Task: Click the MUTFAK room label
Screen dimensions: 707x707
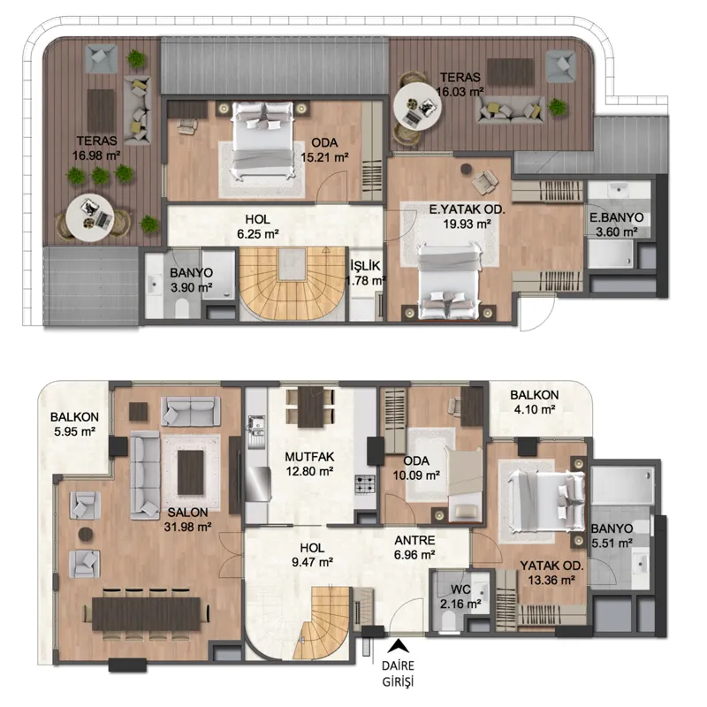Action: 309,457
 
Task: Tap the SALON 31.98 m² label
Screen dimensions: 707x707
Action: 187,519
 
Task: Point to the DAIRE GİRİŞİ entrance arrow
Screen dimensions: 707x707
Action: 399,647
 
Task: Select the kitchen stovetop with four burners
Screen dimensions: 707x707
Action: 365,484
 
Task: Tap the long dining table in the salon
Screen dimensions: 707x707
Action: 147,613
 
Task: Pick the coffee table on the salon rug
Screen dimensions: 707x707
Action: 191,473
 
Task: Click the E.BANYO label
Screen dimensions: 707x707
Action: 616,217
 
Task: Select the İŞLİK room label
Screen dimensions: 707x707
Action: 365,266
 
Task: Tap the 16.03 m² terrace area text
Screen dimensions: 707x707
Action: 460,92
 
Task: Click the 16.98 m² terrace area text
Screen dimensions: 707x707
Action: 96,156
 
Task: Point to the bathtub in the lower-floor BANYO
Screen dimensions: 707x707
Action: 622,485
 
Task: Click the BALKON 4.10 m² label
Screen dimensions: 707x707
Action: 535,402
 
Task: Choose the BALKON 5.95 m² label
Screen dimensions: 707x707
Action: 74,424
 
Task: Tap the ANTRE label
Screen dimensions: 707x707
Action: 414,540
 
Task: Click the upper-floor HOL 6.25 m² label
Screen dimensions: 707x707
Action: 258,226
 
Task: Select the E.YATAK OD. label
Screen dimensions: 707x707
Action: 467,209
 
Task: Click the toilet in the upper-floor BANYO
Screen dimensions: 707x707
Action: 181,308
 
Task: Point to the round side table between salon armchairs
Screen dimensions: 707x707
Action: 86,535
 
